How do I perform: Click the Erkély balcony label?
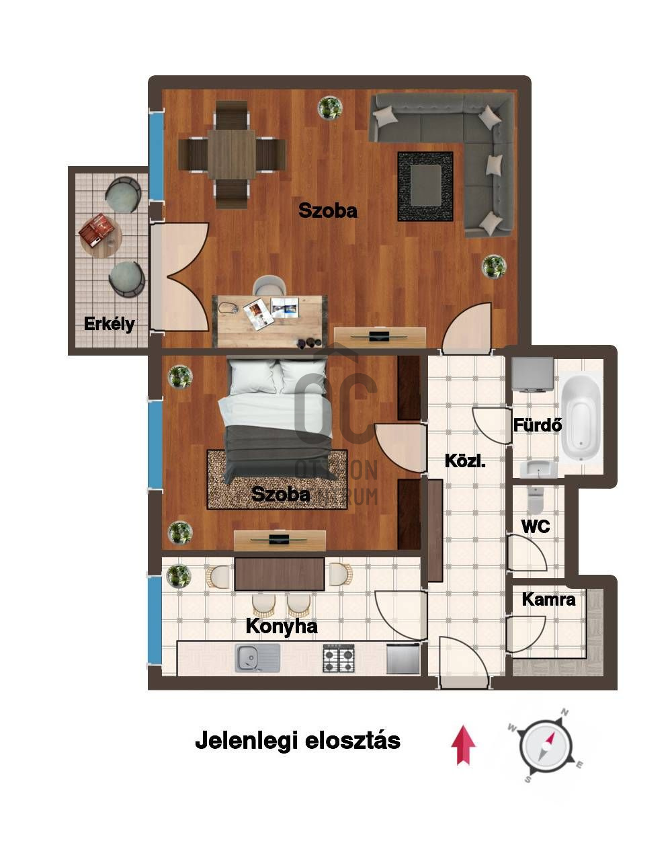point(109,324)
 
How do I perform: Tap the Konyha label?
point(282,627)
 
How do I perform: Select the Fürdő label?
point(538,425)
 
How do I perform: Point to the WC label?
point(536,526)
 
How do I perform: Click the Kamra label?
point(548,600)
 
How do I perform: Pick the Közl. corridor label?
point(465,460)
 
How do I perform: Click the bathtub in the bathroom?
point(581,417)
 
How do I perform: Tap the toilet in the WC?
point(535,498)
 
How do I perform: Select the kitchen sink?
point(257,658)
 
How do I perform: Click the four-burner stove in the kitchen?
point(339,658)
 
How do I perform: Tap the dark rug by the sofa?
point(425,187)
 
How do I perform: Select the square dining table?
point(231,155)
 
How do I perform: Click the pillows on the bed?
point(278,377)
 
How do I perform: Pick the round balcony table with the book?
point(101,236)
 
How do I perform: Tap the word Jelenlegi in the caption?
point(247,741)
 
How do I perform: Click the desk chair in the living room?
point(269,285)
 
